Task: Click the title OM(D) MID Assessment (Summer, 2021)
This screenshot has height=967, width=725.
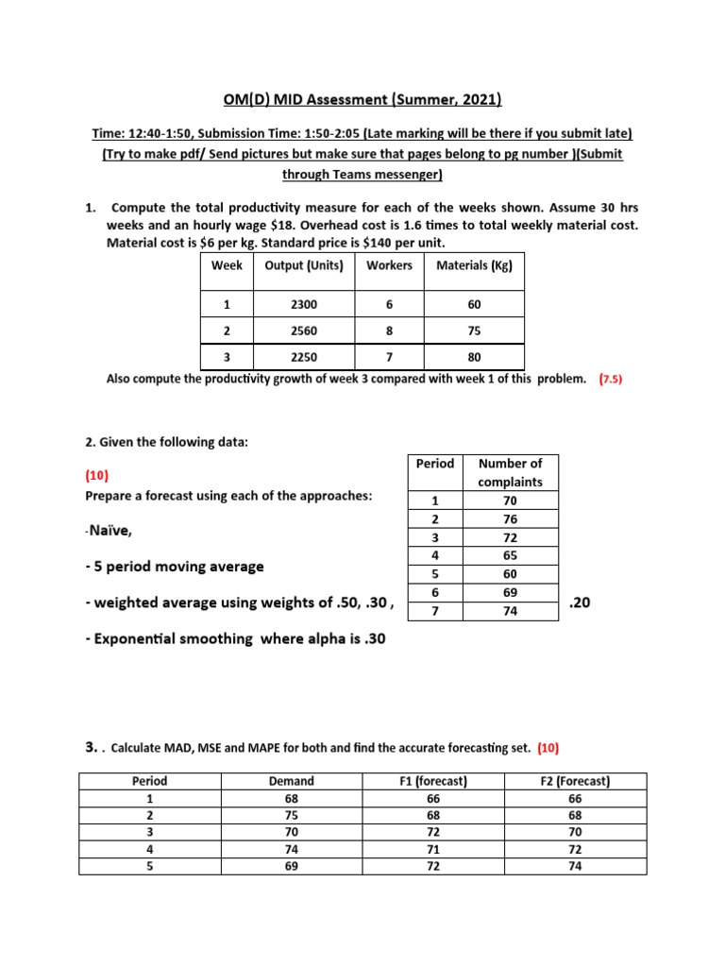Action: [x=362, y=99]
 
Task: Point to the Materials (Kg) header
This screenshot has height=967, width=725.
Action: [x=474, y=266]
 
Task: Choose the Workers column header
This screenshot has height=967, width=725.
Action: [x=389, y=266]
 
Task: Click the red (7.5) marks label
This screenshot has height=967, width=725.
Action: [x=611, y=380]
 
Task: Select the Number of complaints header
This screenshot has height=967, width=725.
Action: [x=510, y=472]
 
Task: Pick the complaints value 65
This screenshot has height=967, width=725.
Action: [x=510, y=556]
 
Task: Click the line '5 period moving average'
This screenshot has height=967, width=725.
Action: [x=175, y=567]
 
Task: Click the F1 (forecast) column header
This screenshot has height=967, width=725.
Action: [x=434, y=781]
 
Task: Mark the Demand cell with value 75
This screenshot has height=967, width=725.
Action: [x=292, y=815]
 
